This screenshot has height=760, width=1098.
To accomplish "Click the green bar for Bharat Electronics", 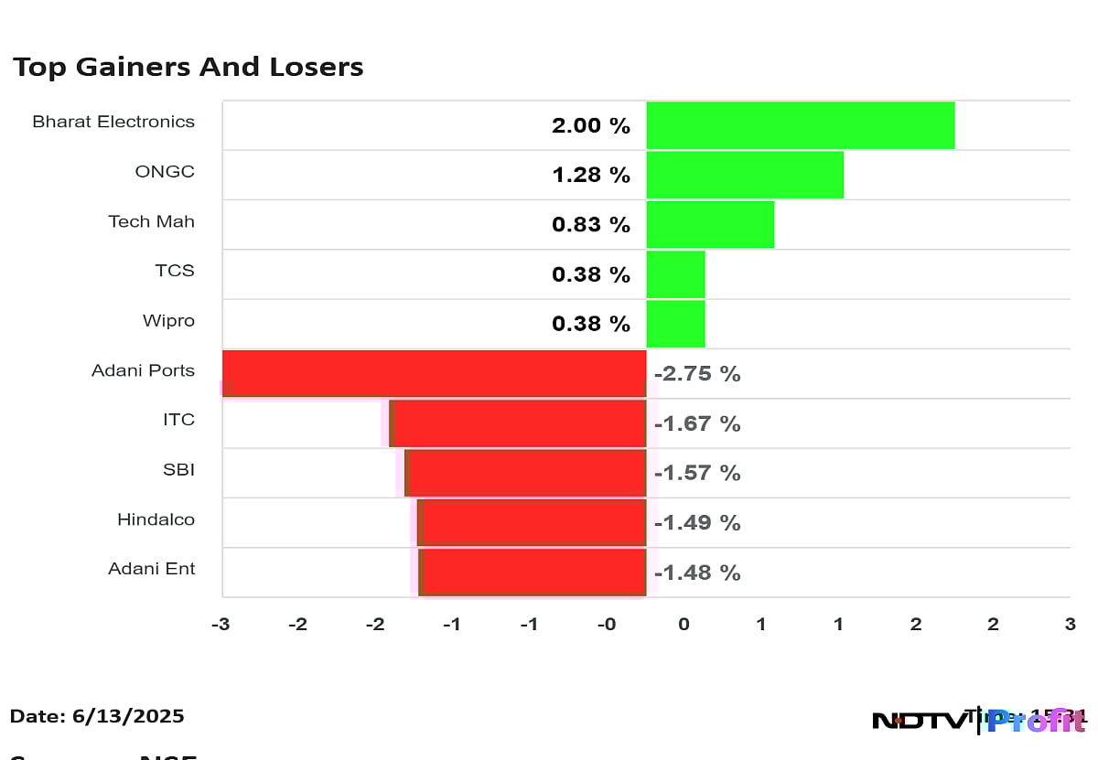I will tap(800, 125).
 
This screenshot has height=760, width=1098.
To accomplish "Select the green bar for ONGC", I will tap(745, 175).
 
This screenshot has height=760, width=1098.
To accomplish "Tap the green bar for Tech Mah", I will tap(710, 224).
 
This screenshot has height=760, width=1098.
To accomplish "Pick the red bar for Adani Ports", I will tap(435, 373).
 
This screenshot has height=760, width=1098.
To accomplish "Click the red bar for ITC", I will tap(519, 423).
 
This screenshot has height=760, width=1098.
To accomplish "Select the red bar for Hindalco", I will tap(533, 522).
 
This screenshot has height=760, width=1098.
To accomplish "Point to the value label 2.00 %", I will tap(590, 126).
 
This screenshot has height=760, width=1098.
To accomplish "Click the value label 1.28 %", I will tap(590, 176).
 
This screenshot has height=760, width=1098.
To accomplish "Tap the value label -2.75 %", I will tap(696, 374).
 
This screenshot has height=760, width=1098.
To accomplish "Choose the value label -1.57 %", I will tap(696, 473).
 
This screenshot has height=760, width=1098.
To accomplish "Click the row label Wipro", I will tap(168, 321).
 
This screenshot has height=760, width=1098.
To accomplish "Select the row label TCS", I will tap(175, 271).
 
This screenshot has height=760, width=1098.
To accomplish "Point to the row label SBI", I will tap(178, 470).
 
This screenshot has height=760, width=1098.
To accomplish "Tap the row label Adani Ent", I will tap(152, 569).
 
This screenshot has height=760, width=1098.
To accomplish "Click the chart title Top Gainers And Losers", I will tap(188, 67).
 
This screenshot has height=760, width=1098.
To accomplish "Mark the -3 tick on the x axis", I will tap(220, 625).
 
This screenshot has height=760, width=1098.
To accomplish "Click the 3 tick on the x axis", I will tap(1070, 625).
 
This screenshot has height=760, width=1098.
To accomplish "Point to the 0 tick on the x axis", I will tap(684, 625).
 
